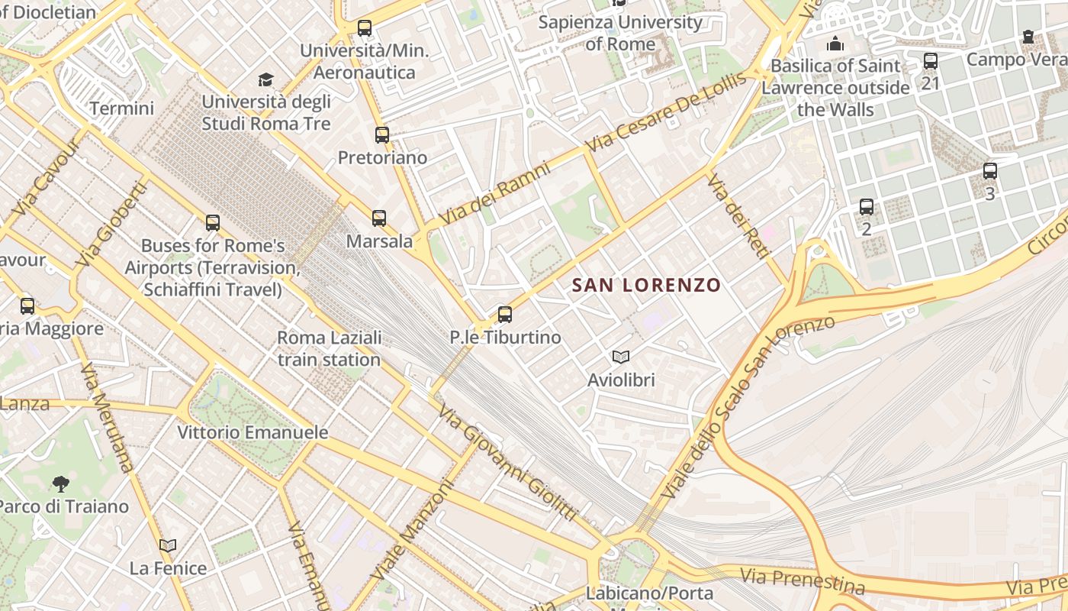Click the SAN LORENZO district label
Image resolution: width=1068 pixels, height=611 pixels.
646,286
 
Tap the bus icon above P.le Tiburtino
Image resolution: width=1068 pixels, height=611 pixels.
504,315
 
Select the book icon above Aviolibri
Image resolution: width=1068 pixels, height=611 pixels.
621,357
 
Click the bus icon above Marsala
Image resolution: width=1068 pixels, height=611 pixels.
379,218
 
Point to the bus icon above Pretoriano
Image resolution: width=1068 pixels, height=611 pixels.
382,135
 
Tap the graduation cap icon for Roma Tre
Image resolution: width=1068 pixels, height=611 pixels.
265,79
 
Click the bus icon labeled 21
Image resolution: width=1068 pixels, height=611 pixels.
930,61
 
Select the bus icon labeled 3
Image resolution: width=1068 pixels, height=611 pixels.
989,171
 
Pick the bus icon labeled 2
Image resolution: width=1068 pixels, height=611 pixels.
866,207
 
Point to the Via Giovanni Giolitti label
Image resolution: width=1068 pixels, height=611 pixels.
507,462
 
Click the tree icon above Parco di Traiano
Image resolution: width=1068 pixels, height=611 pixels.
61,483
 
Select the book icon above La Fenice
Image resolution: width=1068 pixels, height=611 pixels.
168,545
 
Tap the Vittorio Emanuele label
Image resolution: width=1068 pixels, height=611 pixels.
253,432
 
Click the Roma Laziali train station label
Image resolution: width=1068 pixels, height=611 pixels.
329,348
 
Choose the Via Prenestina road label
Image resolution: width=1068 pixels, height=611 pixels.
803,581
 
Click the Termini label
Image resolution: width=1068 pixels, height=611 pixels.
122,108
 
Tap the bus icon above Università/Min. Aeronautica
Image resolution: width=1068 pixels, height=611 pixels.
365,28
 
